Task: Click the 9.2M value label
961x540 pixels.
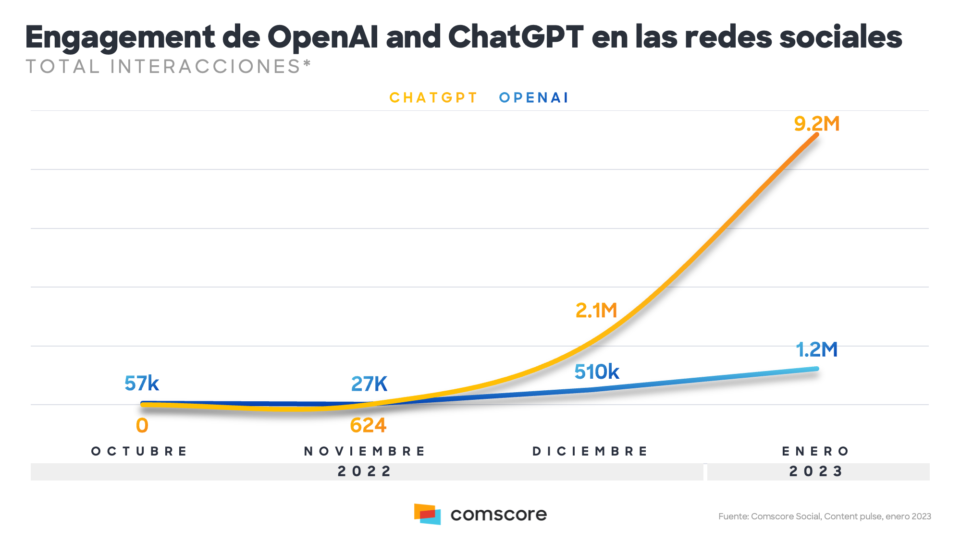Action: (816, 124)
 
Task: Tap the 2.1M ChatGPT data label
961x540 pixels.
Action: (596, 311)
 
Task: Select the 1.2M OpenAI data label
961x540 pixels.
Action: (816, 349)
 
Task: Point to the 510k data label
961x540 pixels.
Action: (597, 372)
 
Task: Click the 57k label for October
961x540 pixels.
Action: (142, 384)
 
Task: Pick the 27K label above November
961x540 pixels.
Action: (369, 384)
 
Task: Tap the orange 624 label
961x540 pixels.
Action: (368, 425)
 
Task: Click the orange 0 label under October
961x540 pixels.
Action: (142, 426)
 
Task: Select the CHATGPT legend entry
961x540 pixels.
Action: (433, 98)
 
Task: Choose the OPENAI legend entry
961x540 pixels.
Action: (534, 98)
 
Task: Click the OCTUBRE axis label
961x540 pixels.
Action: (140, 451)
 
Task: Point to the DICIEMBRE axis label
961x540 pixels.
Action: (591, 451)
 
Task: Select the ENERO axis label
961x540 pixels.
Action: (816, 451)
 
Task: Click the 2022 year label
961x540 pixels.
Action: (365, 471)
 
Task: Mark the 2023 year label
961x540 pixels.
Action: (816, 471)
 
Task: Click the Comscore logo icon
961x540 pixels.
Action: (427, 514)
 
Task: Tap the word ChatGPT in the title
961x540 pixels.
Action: (516, 37)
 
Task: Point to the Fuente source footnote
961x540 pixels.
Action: (825, 516)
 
